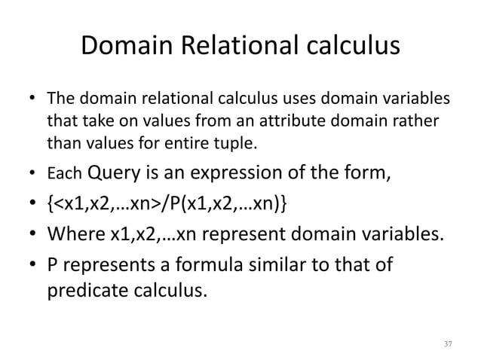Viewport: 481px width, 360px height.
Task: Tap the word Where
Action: [x=75, y=233]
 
